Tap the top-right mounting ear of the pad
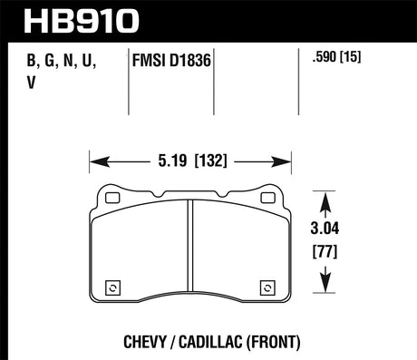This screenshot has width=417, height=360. (268, 194)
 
